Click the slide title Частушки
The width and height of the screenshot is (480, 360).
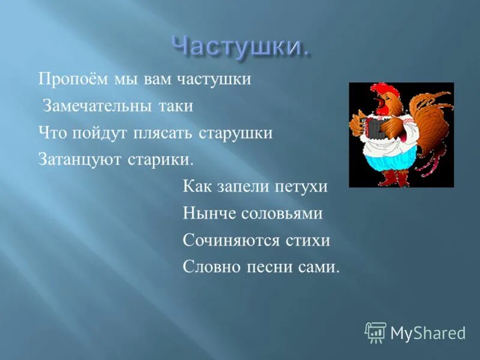241,46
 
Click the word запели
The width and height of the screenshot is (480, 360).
239,187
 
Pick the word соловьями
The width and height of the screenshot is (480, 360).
283,214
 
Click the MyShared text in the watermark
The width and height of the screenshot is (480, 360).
428,333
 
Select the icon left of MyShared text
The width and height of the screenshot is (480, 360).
376,332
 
